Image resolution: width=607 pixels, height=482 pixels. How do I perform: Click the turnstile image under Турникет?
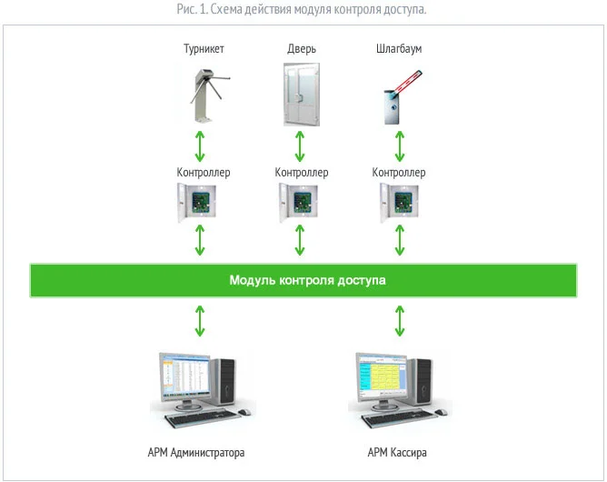tap(202, 95)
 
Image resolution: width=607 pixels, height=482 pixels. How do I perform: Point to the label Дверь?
tap(300, 48)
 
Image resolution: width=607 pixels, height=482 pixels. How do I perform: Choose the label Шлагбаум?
tap(398, 48)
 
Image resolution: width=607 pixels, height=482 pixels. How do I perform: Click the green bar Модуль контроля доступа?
tap(303, 280)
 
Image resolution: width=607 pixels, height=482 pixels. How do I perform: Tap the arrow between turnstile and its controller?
tap(201, 146)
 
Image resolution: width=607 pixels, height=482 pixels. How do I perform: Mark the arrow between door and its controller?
tap(300, 146)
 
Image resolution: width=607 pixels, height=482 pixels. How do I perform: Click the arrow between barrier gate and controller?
tap(398, 146)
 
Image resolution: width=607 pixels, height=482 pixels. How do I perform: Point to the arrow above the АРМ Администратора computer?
tap(201, 321)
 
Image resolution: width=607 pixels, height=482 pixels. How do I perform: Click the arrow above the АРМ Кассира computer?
tap(398, 321)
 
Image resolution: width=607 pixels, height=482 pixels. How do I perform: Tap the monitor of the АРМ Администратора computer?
tap(181, 377)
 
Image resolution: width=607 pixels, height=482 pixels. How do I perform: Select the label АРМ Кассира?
tap(397, 452)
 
